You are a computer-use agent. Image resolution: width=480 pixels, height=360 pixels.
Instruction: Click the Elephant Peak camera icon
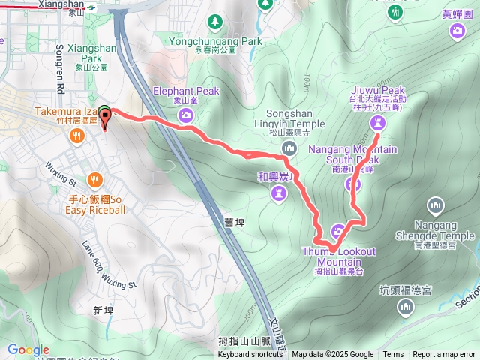(x=186, y=115)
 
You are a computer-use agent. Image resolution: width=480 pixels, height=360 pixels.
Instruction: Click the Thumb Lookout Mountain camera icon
(x=338, y=230)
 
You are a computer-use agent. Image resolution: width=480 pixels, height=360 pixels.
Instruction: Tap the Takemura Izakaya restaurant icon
(x=76, y=136)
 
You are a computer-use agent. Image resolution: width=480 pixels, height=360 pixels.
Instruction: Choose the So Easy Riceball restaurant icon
(x=94, y=179)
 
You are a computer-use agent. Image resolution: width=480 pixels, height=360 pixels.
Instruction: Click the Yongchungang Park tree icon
(x=216, y=21)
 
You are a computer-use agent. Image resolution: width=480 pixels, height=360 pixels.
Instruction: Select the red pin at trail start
(x=105, y=117)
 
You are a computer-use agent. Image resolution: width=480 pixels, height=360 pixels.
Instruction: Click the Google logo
(x=28, y=349)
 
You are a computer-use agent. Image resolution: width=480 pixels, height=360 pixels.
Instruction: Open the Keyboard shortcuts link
(x=250, y=355)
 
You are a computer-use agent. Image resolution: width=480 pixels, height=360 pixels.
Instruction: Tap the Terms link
(x=393, y=355)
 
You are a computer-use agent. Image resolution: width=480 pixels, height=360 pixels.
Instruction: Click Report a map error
(x=444, y=355)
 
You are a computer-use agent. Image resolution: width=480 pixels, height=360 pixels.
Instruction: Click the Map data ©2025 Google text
(x=332, y=355)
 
